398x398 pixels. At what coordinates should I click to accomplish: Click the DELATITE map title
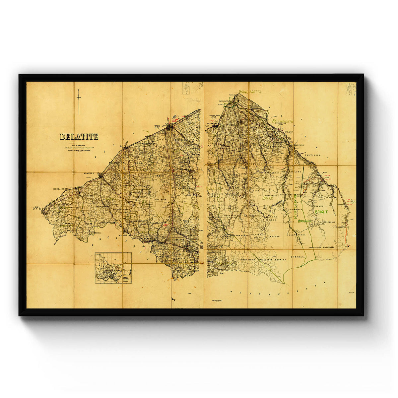[79, 136]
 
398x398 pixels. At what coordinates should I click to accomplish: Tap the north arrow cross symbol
[79, 98]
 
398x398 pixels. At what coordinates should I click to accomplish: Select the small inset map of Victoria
[113, 268]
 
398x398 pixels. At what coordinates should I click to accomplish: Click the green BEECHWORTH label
[283, 121]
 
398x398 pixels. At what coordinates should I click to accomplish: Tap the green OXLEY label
[268, 198]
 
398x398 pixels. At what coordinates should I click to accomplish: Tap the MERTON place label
[123, 235]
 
